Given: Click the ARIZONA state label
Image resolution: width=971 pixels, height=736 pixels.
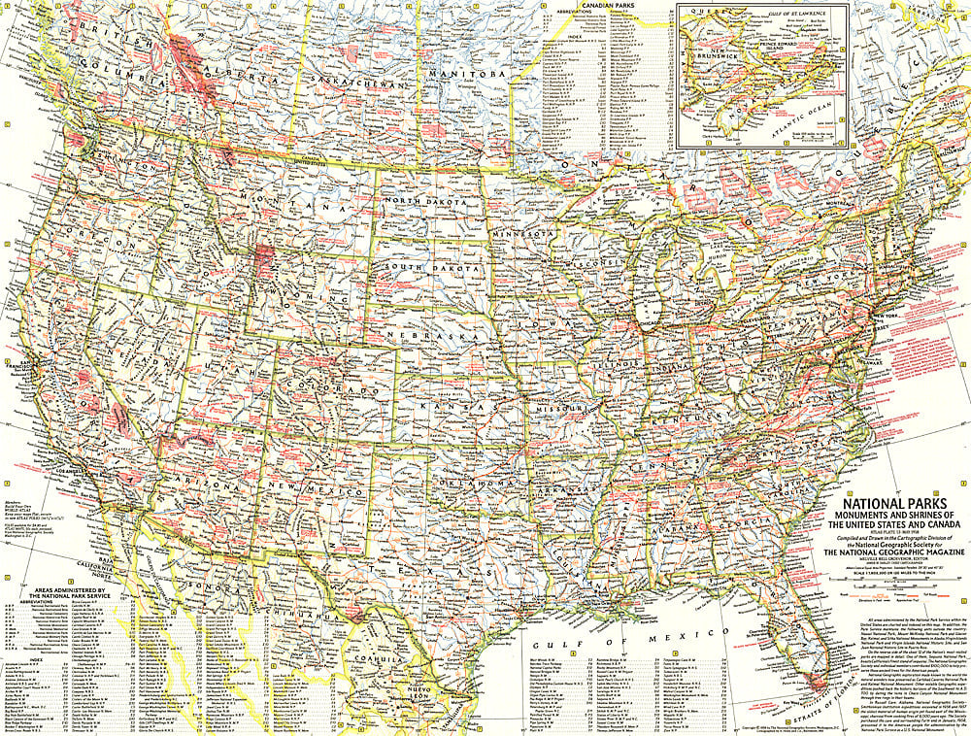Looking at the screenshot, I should click(205, 485).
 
